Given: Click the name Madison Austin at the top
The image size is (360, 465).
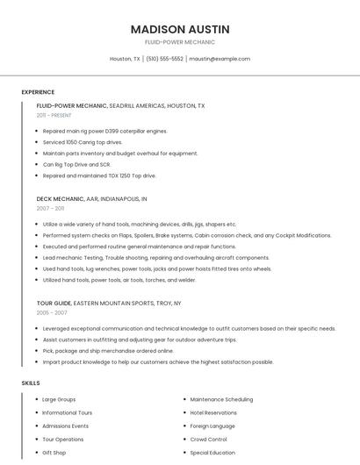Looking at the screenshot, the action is pyautogui.click(x=180, y=29).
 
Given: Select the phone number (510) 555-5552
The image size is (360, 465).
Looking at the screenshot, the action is pyautogui.click(x=164, y=59).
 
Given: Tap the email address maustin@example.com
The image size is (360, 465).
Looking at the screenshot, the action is pyautogui.click(x=220, y=59).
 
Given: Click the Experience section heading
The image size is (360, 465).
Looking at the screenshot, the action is pyautogui.click(x=38, y=92).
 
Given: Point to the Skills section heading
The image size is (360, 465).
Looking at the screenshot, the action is pyautogui.click(x=30, y=383).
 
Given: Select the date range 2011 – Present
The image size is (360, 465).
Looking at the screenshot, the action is pyautogui.click(x=54, y=115).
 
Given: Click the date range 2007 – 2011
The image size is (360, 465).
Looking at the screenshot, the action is pyautogui.click(x=50, y=208).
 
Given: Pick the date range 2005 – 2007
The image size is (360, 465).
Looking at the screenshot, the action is pyautogui.click(x=52, y=312).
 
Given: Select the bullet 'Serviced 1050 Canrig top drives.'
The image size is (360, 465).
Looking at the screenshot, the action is pyautogui.click(x=83, y=142).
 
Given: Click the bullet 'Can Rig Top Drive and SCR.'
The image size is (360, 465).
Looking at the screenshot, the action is pyautogui.click(x=76, y=164).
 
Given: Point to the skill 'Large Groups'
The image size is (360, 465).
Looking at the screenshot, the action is pyautogui.click(x=59, y=399).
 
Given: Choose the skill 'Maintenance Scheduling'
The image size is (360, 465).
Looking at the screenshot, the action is pyautogui.click(x=221, y=399).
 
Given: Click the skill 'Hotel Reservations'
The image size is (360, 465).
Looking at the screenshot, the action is pyautogui.click(x=213, y=412).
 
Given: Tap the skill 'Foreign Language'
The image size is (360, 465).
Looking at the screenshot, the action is pyautogui.click(x=212, y=426).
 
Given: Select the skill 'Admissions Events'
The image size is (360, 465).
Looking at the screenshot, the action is pyautogui.click(x=65, y=426).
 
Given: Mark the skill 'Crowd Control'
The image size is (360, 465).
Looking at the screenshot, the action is pyautogui.click(x=209, y=439).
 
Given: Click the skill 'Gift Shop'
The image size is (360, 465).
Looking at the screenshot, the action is pyautogui.click(x=54, y=453).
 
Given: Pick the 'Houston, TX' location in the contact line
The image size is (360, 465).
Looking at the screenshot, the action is pyautogui.click(x=125, y=59).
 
